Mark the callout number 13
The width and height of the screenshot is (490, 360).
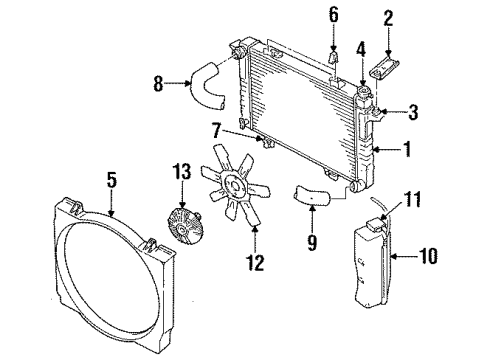(182, 174)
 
